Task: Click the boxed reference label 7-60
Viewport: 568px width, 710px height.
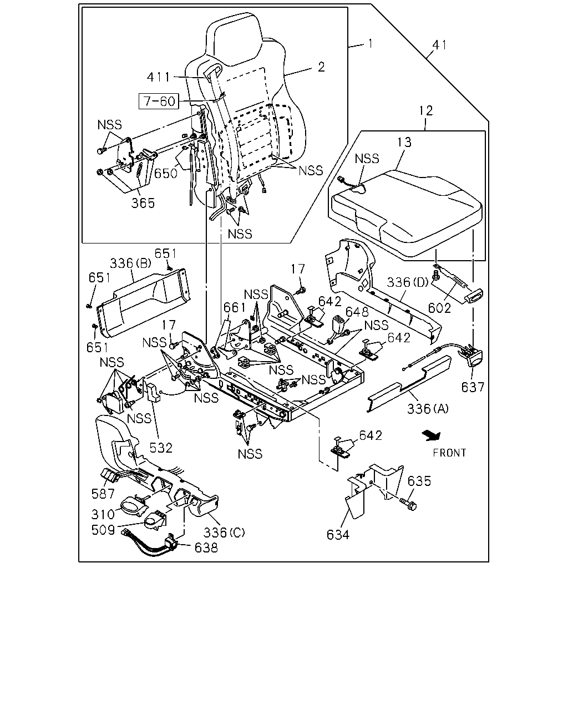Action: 159,102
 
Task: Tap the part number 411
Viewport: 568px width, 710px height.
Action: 159,77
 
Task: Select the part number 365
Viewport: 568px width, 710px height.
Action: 143,203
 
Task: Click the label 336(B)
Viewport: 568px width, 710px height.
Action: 131,263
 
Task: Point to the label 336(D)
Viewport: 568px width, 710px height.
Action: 408,282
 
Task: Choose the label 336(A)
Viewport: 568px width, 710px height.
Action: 428,409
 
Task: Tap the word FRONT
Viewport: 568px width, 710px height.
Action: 449,453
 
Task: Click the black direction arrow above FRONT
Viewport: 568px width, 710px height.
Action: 432,435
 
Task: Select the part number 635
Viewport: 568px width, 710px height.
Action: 419,481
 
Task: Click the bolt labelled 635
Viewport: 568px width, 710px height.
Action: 409,504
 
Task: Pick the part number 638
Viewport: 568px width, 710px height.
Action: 206,547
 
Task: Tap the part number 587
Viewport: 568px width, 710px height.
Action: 103,494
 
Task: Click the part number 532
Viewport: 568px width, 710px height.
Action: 161,448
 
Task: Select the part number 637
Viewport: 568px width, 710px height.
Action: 473,387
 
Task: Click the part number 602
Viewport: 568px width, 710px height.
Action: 439,308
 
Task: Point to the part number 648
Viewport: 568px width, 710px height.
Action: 357,312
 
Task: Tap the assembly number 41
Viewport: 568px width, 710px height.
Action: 439,45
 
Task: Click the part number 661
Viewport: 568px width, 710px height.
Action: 234,307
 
